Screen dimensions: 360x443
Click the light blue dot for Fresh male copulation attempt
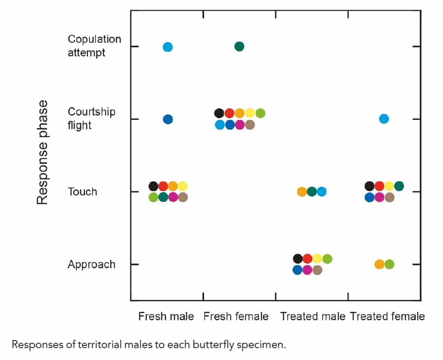tap(167, 47)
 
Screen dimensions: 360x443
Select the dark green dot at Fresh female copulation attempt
tap(239, 46)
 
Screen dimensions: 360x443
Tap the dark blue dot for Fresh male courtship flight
tap(168, 119)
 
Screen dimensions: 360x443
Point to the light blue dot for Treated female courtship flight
tap(384, 119)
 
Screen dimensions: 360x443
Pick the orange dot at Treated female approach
tap(379, 264)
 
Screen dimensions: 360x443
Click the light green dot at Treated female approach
tap(389, 264)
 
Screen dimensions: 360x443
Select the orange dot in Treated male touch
tap(302, 192)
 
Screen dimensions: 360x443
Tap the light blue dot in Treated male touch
tap(321, 192)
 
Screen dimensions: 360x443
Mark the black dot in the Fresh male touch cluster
tap(153, 186)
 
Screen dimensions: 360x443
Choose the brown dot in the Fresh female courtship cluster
tap(250, 125)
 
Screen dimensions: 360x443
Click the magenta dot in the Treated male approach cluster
tap(307, 270)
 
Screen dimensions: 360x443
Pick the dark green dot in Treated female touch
tap(399, 186)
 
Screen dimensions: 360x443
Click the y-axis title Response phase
tap(43, 152)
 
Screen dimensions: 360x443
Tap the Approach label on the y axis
tap(92, 264)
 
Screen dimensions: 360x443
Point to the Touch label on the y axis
tap(83, 192)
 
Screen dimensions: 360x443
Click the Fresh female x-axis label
tap(236, 316)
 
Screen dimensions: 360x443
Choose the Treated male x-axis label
tap(313, 316)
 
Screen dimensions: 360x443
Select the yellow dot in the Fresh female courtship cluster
tap(250, 113)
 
